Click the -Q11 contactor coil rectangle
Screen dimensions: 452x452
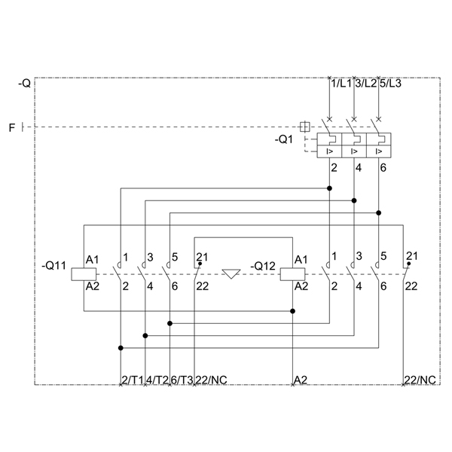(x=84, y=274)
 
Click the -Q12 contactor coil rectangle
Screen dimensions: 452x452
(x=292, y=274)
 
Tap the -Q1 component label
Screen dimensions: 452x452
(x=284, y=140)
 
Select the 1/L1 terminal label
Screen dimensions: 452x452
(x=341, y=84)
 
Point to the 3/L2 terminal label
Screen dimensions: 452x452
(x=366, y=84)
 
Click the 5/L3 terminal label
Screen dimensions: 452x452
(x=390, y=84)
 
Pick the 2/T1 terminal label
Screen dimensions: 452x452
(x=133, y=380)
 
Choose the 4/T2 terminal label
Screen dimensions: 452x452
(x=157, y=380)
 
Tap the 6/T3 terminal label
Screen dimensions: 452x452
(x=182, y=380)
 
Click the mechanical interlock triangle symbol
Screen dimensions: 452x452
(x=231, y=273)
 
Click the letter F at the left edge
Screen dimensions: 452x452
(x=12, y=127)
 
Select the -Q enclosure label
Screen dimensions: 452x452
(x=24, y=84)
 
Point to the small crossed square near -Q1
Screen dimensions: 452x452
(x=304, y=127)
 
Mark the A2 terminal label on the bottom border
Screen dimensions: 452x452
(x=301, y=380)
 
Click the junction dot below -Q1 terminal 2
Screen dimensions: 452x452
(x=329, y=188)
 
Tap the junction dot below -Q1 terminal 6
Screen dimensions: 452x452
(x=379, y=212)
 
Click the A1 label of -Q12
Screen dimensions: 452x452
(x=301, y=260)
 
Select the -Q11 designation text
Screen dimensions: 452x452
(x=54, y=265)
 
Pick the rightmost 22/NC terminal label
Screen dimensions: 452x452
(x=420, y=380)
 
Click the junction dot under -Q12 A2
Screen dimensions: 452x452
(x=292, y=311)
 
